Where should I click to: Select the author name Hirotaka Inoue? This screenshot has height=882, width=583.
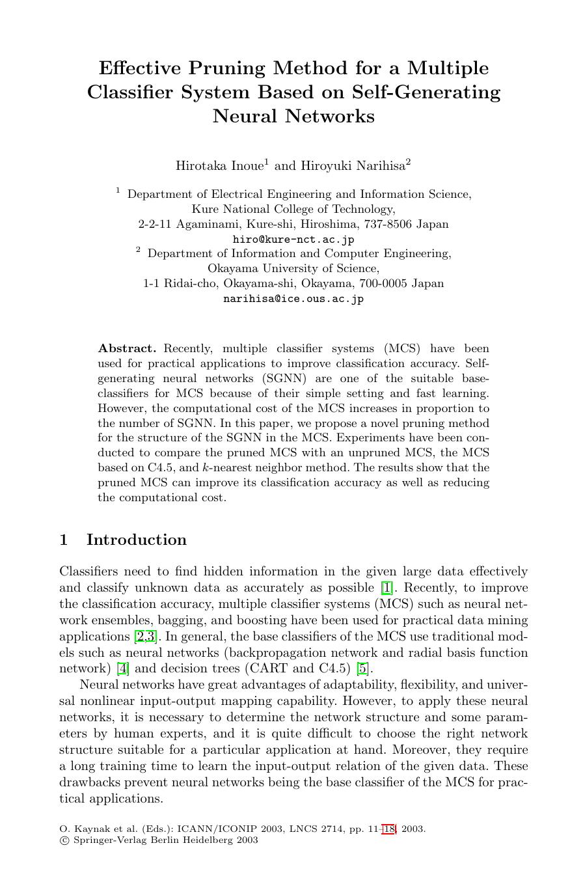pyautogui.click(x=219, y=166)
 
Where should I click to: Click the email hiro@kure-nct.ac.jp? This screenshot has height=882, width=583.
pyautogui.click(x=293, y=240)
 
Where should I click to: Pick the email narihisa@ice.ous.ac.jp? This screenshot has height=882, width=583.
pyautogui.click(x=293, y=299)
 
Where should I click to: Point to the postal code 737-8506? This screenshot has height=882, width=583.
pyautogui.click(x=388, y=225)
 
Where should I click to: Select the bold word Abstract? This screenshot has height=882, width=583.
pyautogui.click(x=127, y=349)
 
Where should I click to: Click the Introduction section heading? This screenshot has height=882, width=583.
pyautogui.click(x=136, y=540)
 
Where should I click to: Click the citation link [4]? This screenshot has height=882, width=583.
pyautogui.click(x=123, y=668)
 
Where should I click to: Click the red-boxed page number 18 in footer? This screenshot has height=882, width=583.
pyautogui.click(x=389, y=829)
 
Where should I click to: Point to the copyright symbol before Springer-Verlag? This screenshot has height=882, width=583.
pyautogui.click(x=63, y=840)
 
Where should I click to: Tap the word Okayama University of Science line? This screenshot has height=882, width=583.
pyautogui.click(x=293, y=269)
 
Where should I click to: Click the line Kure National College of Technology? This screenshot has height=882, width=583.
pyautogui.click(x=293, y=210)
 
